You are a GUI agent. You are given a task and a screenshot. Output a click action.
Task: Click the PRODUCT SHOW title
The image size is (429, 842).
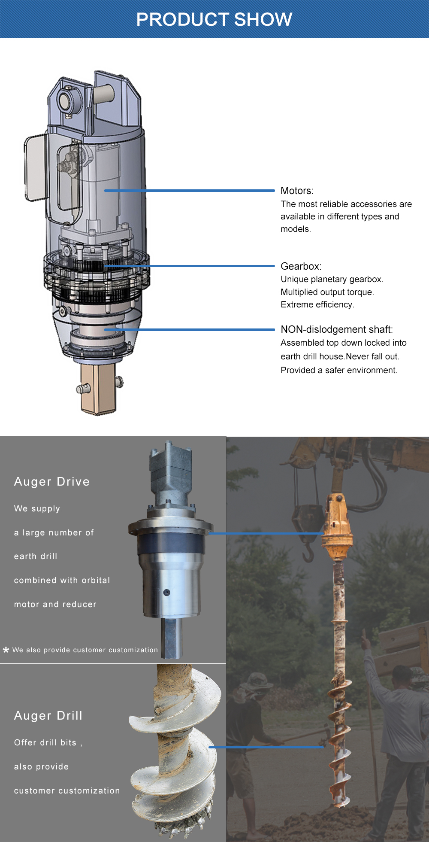click(x=214, y=19)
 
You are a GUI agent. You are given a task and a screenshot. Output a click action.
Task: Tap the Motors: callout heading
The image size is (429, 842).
click(x=297, y=191)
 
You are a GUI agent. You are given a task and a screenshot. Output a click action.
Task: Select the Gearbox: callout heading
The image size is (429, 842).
click(x=301, y=266)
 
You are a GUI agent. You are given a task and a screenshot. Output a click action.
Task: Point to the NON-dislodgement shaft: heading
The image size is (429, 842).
click(x=337, y=329)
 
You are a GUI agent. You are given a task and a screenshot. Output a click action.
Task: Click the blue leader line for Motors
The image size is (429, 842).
click(x=189, y=190)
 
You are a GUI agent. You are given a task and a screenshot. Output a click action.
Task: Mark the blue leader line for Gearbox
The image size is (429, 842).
click(x=189, y=266)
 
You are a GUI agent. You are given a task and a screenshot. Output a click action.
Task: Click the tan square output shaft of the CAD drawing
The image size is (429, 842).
click(x=98, y=389)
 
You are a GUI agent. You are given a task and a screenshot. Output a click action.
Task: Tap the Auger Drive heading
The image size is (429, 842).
click(x=52, y=481)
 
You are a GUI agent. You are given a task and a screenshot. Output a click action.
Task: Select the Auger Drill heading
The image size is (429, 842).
click(x=48, y=715)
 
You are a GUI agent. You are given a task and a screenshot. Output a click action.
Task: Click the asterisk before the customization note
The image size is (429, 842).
click(x=6, y=650)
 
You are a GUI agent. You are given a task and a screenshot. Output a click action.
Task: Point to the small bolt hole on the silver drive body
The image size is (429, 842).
click(x=167, y=593)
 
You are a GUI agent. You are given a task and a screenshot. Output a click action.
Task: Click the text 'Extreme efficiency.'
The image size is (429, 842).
click(x=317, y=304)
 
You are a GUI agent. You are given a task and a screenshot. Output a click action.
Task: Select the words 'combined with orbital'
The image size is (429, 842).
click(x=62, y=580)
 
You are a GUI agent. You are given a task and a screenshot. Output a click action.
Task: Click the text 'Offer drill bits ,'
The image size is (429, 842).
click(x=48, y=742)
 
